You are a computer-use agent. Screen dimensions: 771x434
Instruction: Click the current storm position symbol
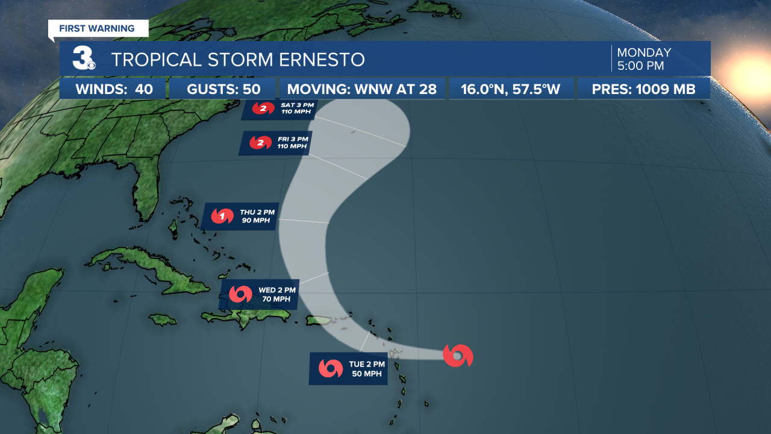pyautogui.click(x=457, y=356)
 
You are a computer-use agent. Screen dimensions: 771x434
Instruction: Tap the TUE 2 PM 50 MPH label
pyautogui.click(x=348, y=368)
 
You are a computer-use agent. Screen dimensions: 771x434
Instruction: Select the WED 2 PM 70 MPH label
pyautogui.click(x=259, y=294)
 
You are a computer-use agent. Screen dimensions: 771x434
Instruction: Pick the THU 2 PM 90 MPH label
pyautogui.click(x=240, y=216)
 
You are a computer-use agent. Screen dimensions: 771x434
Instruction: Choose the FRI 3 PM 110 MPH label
pyautogui.click(x=275, y=143)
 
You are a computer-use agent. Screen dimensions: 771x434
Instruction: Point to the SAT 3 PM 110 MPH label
pyautogui.click(x=278, y=109)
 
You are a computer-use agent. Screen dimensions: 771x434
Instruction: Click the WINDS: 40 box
pyautogui.click(x=114, y=90)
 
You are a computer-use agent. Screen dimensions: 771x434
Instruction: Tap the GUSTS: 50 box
pyautogui.click(x=223, y=90)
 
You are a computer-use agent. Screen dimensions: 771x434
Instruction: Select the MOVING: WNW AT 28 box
pyautogui.click(x=361, y=90)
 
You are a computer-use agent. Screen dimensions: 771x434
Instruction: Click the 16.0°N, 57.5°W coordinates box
pyautogui.click(x=510, y=90)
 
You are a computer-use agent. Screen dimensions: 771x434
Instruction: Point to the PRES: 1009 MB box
pyautogui.click(x=643, y=90)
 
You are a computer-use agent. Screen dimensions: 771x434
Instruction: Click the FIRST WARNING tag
pyautogui.click(x=97, y=28)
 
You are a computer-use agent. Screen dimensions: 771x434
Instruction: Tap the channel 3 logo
pyautogui.click(x=83, y=58)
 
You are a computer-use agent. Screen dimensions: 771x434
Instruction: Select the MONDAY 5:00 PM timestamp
pyautogui.click(x=644, y=58)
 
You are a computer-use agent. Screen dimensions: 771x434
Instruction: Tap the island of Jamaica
pyautogui.click(x=162, y=319)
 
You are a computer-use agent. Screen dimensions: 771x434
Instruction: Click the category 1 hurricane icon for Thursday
pyautogui.click(x=222, y=216)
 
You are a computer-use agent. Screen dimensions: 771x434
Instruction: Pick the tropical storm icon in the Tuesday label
pyautogui.click(x=331, y=368)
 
